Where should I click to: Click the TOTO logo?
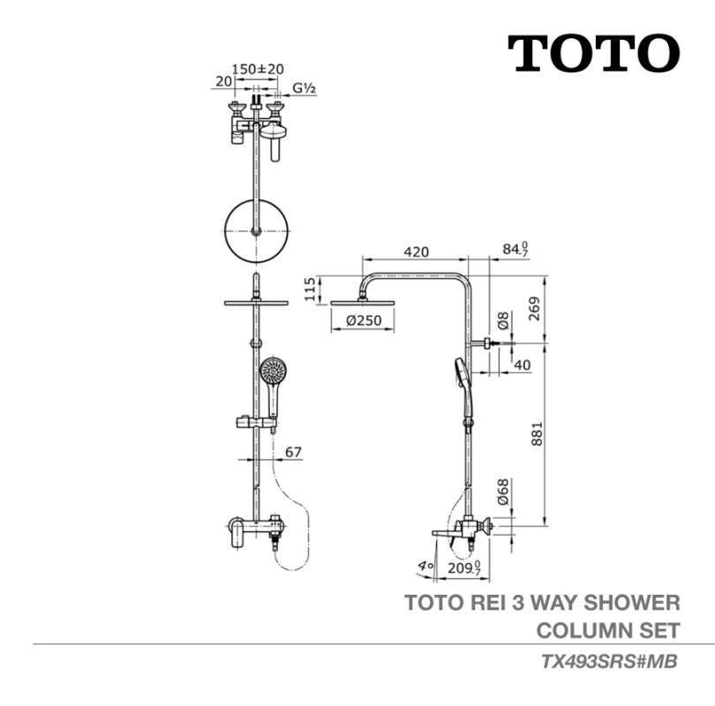point(593,54)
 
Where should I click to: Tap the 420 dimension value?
point(416,252)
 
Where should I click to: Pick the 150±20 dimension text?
point(257,68)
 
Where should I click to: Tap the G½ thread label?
point(305,87)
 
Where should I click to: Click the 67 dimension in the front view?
point(293,452)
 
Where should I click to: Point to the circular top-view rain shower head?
point(257,231)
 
